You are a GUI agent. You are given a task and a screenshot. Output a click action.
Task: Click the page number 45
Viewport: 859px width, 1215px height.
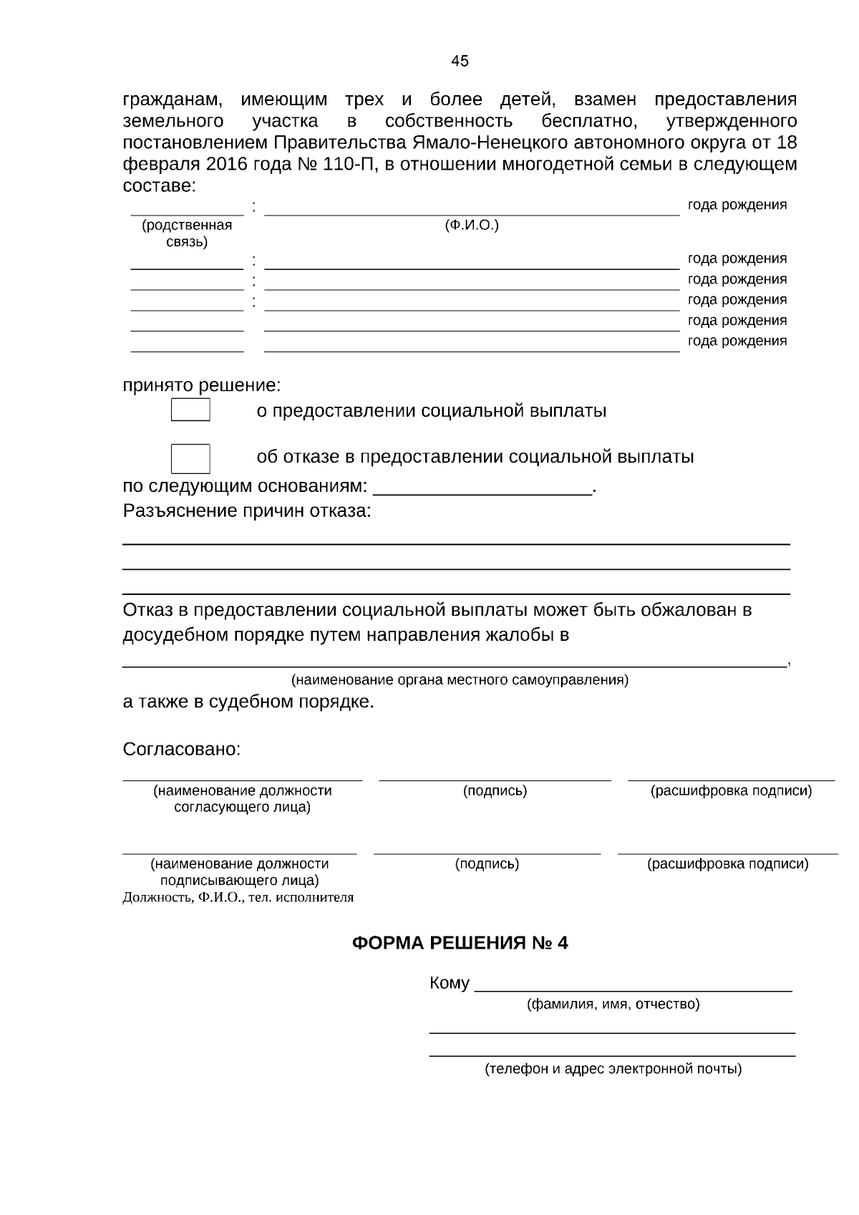coord(460,61)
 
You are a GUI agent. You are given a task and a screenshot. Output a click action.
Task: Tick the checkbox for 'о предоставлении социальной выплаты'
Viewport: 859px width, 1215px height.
coord(190,410)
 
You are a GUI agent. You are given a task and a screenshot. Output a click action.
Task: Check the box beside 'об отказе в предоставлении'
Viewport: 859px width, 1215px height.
coord(190,458)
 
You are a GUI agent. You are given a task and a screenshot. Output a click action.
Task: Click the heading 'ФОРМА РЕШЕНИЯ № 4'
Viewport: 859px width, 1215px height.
coord(460,943)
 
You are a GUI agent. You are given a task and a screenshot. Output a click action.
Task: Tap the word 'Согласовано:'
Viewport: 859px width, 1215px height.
coord(182,750)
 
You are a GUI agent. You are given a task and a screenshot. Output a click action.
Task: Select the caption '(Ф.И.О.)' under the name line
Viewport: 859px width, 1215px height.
coord(471,226)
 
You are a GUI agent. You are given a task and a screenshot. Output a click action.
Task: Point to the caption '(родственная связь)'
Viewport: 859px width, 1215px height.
coord(187,233)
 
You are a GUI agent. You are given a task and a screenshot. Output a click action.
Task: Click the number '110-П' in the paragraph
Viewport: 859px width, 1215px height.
coord(349,165)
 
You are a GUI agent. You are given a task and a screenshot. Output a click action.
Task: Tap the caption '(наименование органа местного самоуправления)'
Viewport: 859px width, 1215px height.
coord(460,680)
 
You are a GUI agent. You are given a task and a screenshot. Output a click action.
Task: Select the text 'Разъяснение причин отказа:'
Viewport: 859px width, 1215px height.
coord(247,511)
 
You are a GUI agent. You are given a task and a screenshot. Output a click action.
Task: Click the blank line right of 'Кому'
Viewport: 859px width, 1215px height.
coord(634,985)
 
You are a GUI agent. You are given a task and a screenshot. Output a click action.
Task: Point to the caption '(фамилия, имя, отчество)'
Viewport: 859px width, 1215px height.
coord(613,1004)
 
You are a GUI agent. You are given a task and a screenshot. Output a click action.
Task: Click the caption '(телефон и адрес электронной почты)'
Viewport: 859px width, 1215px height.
coord(613,1069)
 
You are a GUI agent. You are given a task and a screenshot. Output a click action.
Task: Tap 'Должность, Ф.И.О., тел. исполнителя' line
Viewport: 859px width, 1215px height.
coord(238,897)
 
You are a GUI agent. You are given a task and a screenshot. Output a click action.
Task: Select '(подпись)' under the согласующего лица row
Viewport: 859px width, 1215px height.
coord(495,791)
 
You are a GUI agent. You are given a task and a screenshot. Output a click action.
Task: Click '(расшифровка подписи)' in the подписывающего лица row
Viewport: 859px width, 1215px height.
coord(728,863)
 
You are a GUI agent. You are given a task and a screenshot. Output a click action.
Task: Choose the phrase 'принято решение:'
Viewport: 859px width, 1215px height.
coord(202,386)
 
